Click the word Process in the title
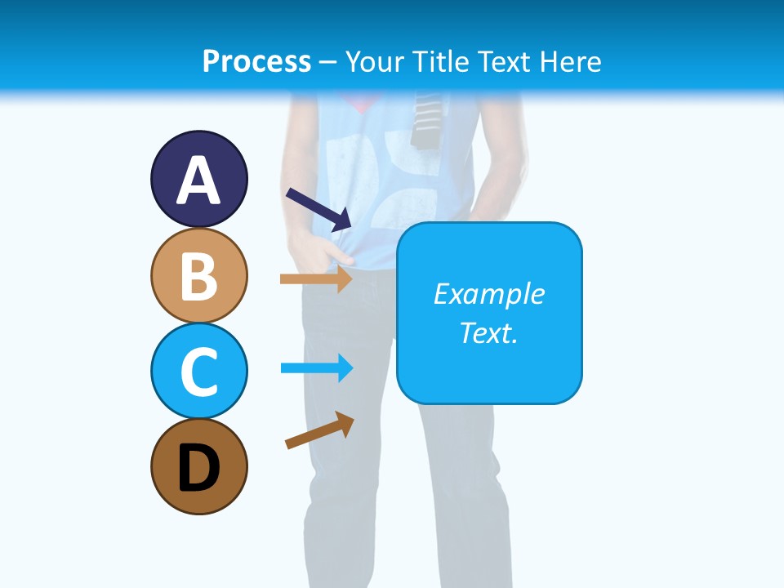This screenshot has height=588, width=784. tap(256, 61)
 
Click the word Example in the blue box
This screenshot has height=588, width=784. tap(488, 294)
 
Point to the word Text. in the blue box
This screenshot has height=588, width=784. tap(488, 332)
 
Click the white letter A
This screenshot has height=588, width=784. tap(198, 181)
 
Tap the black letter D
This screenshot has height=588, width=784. tap(198, 468)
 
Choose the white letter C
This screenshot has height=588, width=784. tap(198, 372)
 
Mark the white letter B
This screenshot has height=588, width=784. tap(198, 277)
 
